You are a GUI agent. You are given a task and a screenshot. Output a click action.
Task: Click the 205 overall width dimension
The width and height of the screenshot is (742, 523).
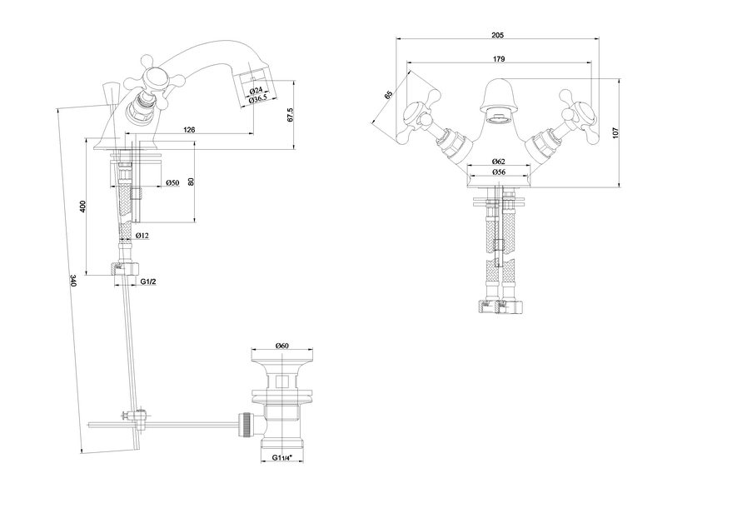498,34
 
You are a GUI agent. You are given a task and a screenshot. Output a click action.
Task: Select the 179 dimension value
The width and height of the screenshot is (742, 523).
499,59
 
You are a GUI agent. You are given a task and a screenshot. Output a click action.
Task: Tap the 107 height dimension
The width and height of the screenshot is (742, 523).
615,132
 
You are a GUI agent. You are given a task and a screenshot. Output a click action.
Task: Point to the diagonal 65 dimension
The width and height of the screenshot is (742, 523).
389,94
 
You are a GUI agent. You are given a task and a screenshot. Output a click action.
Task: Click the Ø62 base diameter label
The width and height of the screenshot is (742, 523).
498,162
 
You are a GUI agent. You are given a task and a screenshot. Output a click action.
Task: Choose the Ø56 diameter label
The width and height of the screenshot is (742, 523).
498,172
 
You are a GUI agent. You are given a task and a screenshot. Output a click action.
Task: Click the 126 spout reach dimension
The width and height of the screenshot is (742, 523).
189,130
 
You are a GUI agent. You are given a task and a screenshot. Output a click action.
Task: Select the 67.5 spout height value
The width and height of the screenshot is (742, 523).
290,115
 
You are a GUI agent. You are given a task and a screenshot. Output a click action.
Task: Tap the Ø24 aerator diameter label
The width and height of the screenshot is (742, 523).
256,90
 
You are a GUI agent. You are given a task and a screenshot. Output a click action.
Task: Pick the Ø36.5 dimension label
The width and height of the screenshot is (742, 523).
258,98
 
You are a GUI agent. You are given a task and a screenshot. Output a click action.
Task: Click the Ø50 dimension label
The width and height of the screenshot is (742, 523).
172,182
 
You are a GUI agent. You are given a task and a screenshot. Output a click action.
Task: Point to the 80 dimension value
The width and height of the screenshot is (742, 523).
192,182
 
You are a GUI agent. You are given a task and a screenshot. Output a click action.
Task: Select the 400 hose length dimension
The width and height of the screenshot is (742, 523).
82,207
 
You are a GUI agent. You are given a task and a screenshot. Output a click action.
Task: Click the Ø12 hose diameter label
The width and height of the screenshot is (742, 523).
142,235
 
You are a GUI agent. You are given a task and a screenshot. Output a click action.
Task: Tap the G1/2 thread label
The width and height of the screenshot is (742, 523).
148,281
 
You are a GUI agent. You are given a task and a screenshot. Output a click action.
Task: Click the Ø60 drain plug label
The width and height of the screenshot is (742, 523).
281,346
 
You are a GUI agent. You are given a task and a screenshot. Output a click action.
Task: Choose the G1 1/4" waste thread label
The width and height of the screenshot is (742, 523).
282,458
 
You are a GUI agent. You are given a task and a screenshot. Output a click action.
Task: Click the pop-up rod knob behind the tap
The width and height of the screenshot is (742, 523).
110,93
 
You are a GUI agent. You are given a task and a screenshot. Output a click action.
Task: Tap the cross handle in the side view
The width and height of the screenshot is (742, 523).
154,78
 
